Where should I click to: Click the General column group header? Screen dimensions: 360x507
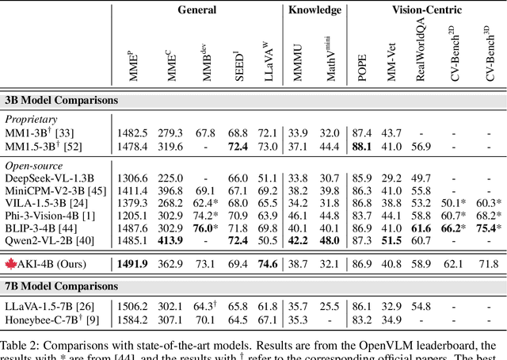(198, 10)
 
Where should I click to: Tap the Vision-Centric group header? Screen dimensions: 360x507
(428, 10)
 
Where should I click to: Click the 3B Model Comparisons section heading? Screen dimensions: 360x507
(62, 101)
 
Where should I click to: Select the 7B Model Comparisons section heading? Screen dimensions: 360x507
(62, 285)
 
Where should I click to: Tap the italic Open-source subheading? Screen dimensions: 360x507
(33, 166)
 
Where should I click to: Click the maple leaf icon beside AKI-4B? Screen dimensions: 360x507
(11, 263)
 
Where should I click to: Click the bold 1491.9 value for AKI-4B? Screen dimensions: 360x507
(133, 263)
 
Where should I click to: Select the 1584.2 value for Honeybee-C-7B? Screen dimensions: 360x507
(133, 320)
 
